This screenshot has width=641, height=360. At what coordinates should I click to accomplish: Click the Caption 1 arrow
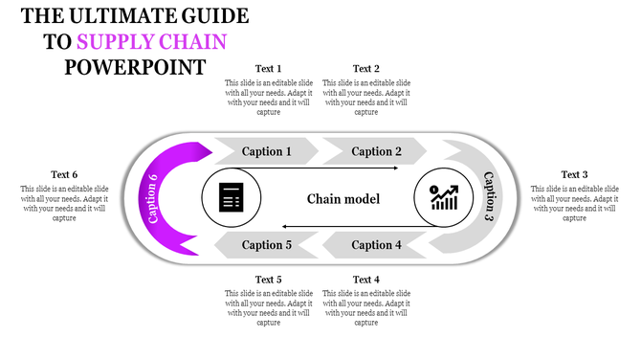click(267, 151)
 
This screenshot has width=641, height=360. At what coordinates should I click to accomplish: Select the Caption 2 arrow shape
click(376, 151)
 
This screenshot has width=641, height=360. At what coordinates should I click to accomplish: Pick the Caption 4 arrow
click(376, 245)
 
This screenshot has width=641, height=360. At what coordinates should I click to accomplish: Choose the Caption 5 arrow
click(267, 245)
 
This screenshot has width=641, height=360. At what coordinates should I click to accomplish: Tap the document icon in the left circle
click(231, 199)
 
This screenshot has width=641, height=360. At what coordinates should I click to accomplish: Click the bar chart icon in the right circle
click(443, 199)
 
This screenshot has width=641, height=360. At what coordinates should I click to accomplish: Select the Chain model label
click(343, 199)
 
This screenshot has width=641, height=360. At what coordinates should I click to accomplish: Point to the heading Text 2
click(366, 69)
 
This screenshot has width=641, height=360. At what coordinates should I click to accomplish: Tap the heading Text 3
click(574, 174)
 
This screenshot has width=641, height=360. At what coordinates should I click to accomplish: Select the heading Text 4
click(366, 280)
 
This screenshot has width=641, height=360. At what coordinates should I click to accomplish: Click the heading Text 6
click(64, 174)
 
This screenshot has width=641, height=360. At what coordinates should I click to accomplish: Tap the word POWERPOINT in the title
click(135, 68)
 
